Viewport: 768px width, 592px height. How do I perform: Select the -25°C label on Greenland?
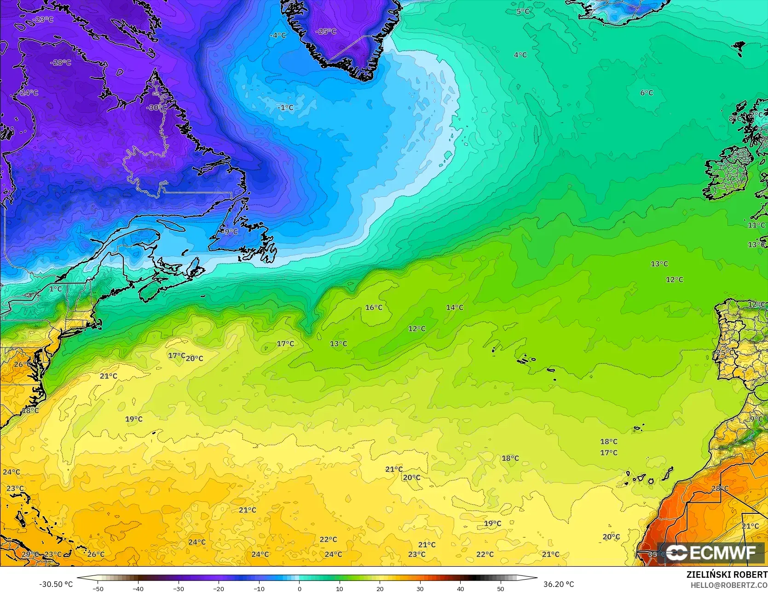coord(326,32)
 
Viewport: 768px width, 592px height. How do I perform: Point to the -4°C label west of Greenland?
coord(277,35)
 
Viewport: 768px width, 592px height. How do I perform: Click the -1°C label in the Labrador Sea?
coord(285,107)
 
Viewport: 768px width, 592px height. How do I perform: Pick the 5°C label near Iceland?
coord(523,11)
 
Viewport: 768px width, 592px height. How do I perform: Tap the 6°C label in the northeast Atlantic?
coord(647,93)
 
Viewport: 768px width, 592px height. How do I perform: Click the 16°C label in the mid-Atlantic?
coord(374,307)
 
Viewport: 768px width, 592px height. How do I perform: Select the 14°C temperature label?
coord(455,307)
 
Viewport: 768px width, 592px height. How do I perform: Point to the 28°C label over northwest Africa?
coord(720,488)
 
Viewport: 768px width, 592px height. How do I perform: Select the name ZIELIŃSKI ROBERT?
coord(727,575)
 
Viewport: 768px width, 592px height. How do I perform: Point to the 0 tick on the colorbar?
coord(299,588)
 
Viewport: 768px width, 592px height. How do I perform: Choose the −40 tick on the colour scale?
coord(138,588)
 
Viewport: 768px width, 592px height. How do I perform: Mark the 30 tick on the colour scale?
coord(420,588)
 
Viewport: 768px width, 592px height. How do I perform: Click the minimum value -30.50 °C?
coord(56,584)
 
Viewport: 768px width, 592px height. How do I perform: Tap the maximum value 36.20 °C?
coord(559,584)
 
